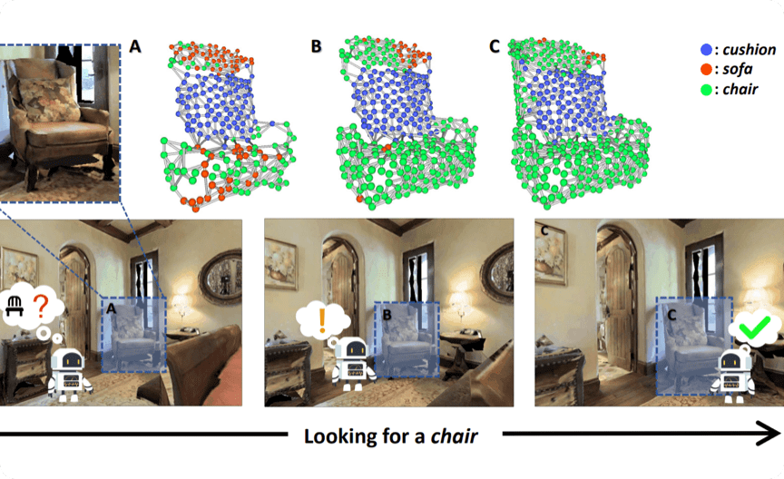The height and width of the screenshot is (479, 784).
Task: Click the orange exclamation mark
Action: [x=322, y=319]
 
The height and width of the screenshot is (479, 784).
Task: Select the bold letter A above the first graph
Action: [x=136, y=44]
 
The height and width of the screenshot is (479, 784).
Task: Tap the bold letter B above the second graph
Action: [x=316, y=44]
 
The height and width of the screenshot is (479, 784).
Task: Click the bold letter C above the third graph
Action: [x=495, y=44]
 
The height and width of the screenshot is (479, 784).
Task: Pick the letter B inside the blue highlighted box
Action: [x=387, y=315]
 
